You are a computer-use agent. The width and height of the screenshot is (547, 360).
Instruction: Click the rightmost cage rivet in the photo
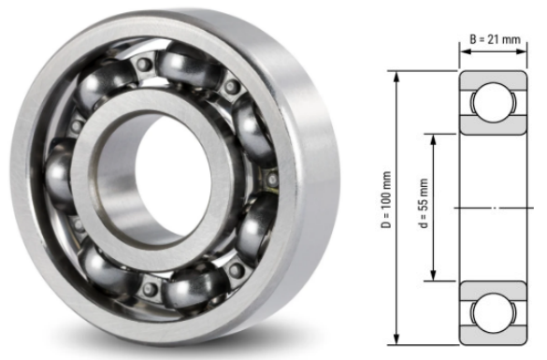tap(272, 178)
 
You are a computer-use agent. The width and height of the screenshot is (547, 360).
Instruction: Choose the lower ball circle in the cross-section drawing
tap(492, 311)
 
